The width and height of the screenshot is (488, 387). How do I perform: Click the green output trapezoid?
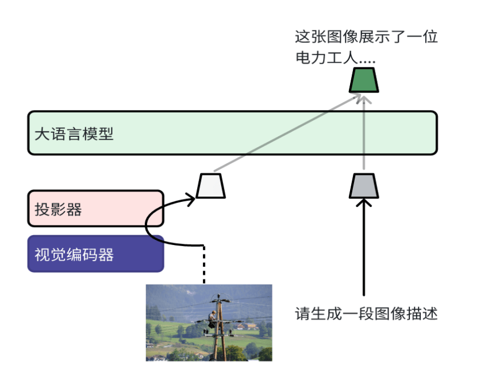tap(364, 80)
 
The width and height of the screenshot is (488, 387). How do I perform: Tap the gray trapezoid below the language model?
tap(364, 186)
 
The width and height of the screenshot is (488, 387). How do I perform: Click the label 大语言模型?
tap(74, 135)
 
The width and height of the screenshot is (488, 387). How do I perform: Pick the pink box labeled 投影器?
tap(95, 209)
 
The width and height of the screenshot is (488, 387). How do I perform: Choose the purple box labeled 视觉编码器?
tap(95, 254)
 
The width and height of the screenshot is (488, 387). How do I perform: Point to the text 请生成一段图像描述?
tap(367, 314)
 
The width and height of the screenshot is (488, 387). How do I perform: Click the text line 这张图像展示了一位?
tap(367, 37)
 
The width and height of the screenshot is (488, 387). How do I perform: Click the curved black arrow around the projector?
tap(151, 224)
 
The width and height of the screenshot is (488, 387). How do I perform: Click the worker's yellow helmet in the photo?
tap(213, 313)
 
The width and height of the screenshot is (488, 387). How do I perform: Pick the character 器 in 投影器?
tap(74, 209)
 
